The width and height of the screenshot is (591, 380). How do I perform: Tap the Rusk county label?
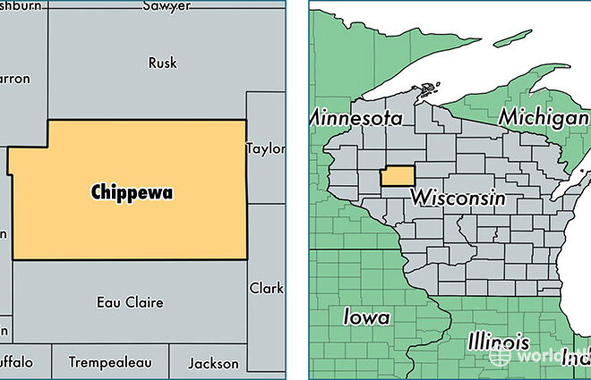click(x=162, y=63)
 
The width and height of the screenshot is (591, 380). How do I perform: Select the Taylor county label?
click(x=266, y=148)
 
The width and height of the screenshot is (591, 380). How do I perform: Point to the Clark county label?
click(x=267, y=288)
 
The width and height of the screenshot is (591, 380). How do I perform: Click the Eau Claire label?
click(x=130, y=302)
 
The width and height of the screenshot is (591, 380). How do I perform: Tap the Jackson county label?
click(x=214, y=363)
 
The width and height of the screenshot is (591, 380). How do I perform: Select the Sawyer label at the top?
click(x=167, y=6)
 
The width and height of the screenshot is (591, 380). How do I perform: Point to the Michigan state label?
click(x=544, y=116)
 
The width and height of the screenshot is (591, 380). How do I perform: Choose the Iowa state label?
click(x=366, y=317)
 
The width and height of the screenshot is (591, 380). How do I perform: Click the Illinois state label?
click(x=497, y=342)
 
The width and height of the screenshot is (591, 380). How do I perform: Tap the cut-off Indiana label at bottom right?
click(x=576, y=360)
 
